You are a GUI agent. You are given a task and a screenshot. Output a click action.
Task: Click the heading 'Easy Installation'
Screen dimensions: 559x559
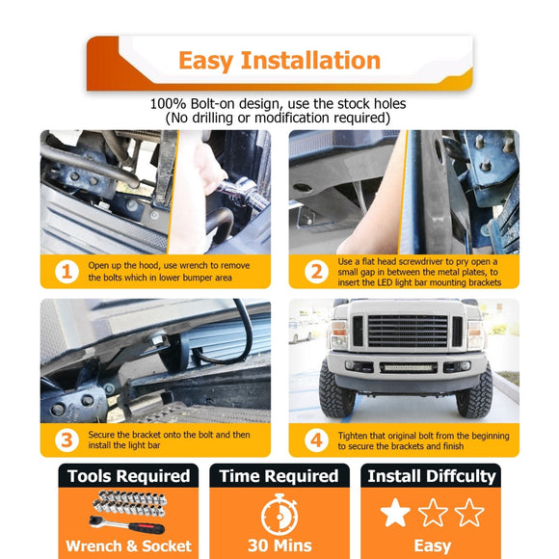(x=279, y=61)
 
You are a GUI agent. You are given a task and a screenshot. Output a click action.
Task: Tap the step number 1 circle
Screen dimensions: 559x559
(x=67, y=272)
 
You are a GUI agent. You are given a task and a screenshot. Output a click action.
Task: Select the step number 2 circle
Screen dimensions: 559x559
(x=316, y=272)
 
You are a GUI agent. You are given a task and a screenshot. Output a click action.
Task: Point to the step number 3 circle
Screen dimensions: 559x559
(x=67, y=440)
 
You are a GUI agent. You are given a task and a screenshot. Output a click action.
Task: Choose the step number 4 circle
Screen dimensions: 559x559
(x=316, y=440)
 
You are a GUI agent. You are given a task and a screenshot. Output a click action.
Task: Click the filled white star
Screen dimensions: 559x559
(x=395, y=513)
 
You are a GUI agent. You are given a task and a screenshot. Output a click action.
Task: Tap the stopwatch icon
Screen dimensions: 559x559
(x=279, y=514)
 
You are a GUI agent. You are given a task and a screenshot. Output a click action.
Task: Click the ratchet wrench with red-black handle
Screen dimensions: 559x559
(x=127, y=524)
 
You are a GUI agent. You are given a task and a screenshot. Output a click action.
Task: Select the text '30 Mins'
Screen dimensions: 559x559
(x=279, y=546)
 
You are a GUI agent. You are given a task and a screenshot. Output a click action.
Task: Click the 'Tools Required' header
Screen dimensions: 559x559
(x=129, y=476)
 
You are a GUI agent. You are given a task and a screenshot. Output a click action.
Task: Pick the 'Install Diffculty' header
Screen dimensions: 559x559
(x=432, y=476)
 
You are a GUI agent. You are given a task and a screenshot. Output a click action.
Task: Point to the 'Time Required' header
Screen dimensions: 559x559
(x=279, y=476)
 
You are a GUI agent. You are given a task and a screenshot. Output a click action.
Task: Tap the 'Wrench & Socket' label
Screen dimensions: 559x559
(x=129, y=546)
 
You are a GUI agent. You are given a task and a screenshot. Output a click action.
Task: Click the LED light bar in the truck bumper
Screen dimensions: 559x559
(x=409, y=367)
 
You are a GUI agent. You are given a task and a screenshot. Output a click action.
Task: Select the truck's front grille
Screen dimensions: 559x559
(x=408, y=332)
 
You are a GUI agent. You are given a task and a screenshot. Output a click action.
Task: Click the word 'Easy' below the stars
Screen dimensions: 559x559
(x=433, y=546)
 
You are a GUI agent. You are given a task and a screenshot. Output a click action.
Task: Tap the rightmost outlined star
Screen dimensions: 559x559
(x=469, y=513)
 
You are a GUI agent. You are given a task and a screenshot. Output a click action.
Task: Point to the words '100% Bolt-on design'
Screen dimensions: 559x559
(x=217, y=104)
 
